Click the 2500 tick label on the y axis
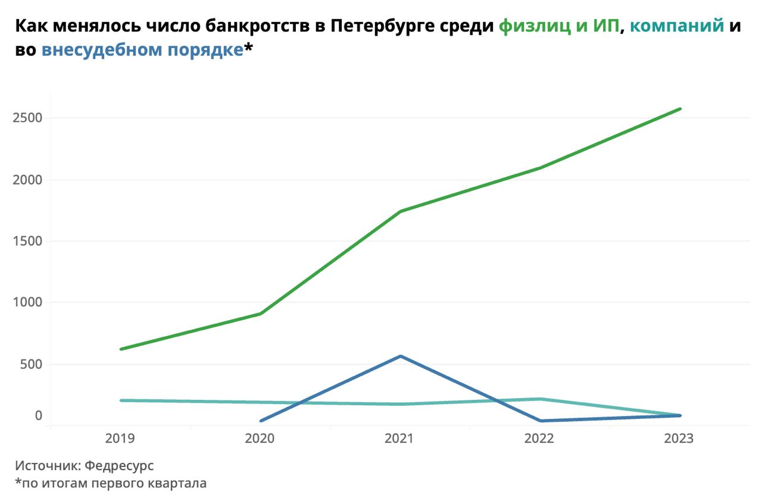tap(27, 118)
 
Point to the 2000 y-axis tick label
tap(27, 180)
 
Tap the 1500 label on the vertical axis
tap(27, 241)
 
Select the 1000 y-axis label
tap(27, 302)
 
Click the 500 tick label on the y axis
tap(30, 364)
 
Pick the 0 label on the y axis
tap(39, 415)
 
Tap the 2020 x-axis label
tap(260, 439)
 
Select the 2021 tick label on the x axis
tap(399, 439)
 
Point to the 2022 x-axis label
tap(539, 439)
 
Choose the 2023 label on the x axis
tap(679, 439)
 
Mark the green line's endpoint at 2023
tap(680, 109)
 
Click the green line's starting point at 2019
tap(121, 349)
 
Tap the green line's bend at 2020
tap(261, 314)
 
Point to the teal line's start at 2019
tap(121, 400)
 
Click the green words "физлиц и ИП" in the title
tap(559, 26)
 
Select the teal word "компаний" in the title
tap(677, 26)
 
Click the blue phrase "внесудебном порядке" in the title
tap(142, 50)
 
